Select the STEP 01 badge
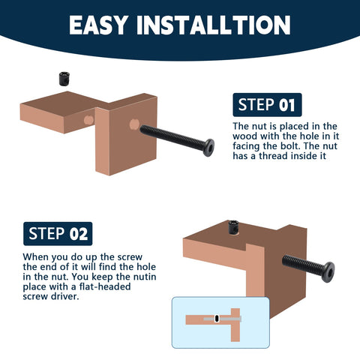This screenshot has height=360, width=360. coord(265,104)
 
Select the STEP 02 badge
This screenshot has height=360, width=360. coord(56,233)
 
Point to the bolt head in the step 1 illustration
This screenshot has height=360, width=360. coord(208,144)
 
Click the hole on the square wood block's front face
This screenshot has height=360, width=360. coord(134,123)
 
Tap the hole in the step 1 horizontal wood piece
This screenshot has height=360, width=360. coord(88,119)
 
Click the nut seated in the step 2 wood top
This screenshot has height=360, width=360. coord(234,228)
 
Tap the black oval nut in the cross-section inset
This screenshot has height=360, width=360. coord(217,319)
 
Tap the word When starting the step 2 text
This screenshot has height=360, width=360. coord(37,256)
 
